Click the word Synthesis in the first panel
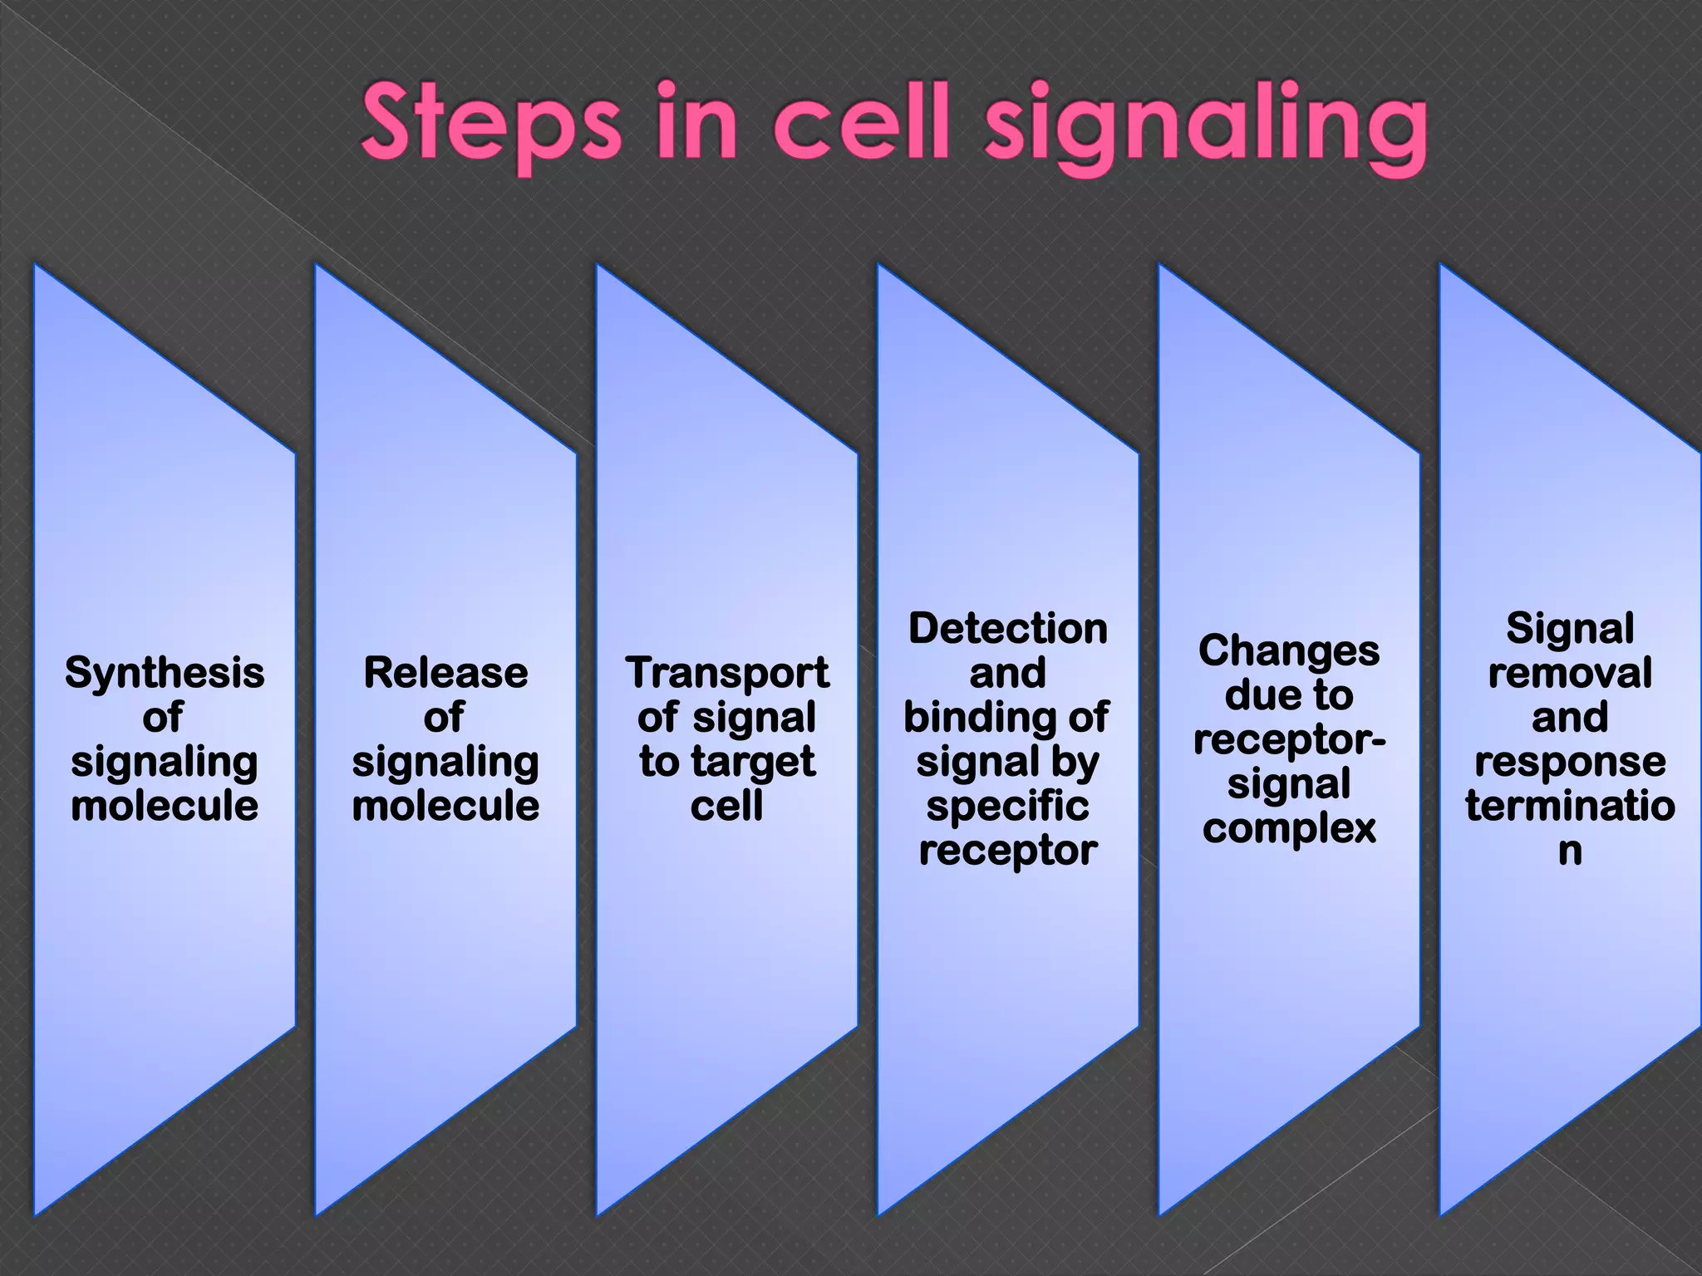point(165,674)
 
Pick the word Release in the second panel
point(446,673)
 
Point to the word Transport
point(727,673)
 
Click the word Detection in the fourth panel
point(1008,629)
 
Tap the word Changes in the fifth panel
point(1289,651)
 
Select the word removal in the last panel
point(1570,673)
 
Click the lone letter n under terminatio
point(1570,851)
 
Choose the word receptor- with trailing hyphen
point(1289,739)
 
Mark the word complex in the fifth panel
point(1289,828)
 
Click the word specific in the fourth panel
point(1008,807)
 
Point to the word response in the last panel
point(1570,762)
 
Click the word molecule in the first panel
point(165,806)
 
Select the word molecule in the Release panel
point(446,806)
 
